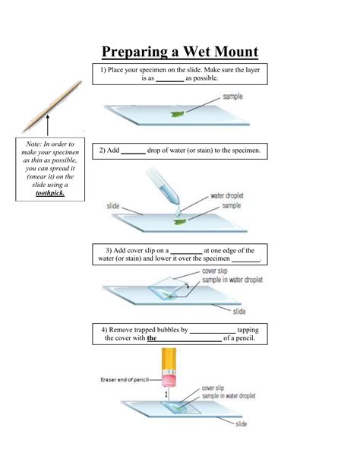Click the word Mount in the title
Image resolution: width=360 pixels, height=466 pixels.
coord(236,52)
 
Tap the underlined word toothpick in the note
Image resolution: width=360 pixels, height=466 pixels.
coord(50,193)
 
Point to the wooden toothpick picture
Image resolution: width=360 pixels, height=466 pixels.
coord(52,106)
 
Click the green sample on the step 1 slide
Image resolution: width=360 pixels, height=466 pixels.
coord(178,113)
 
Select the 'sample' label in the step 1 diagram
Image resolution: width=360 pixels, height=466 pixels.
coord(232,97)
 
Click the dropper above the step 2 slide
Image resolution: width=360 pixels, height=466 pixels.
coord(163,187)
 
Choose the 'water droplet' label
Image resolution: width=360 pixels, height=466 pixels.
coord(227,195)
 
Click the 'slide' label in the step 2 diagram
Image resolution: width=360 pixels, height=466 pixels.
coord(113,206)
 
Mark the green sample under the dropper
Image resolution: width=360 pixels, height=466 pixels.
coord(180,222)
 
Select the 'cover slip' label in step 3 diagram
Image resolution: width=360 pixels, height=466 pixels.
coord(214,271)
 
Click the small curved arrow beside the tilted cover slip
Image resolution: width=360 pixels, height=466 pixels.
coord(186,286)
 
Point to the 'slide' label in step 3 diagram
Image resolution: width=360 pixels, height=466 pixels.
coord(239,311)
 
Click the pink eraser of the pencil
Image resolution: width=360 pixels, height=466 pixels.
coord(169,380)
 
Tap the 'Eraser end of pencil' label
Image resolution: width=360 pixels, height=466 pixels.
coord(125,379)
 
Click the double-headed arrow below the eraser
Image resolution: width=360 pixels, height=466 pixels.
coord(166,395)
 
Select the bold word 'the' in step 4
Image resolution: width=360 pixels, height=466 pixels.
coord(151,338)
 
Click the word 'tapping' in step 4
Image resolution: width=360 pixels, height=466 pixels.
coord(248,330)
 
